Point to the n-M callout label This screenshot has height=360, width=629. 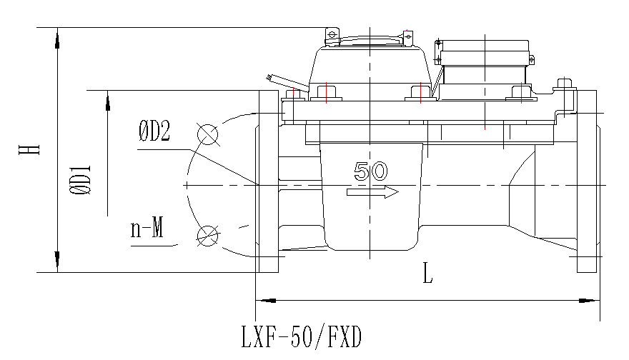147,229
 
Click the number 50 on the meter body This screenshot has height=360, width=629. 371,171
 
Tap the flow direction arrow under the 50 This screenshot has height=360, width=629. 372,192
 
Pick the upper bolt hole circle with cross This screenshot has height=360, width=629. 207,133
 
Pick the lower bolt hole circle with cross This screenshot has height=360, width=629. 207,234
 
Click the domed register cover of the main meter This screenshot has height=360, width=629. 370,61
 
